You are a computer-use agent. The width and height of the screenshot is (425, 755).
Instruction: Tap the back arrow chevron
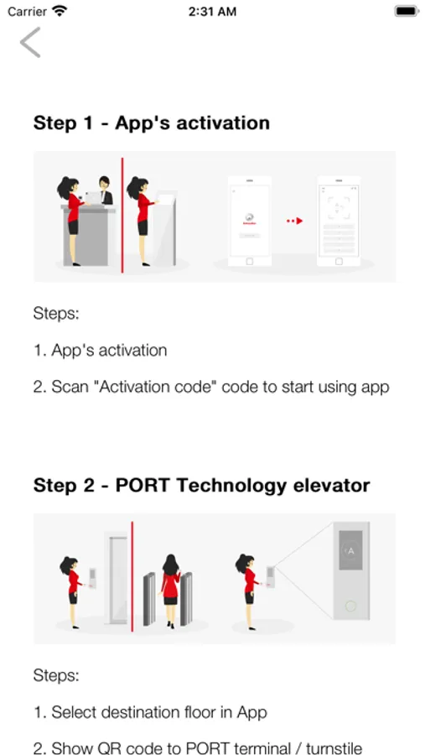tap(30, 43)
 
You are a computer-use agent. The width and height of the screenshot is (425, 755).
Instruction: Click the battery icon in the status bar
tap(407, 11)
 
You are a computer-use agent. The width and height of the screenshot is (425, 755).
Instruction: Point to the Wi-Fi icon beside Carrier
tap(60, 11)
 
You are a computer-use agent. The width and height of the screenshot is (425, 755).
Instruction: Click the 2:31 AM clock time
tap(212, 12)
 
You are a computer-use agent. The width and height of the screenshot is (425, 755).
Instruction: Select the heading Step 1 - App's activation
tap(151, 123)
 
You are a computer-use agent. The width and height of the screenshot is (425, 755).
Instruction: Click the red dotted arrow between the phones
tap(294, 221)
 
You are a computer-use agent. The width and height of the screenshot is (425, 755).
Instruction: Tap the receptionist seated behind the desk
tap(105, 190)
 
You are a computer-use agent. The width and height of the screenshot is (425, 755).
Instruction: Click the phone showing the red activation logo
tap(249, 221)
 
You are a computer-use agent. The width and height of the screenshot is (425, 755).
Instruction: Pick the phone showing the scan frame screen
tap(339, 221)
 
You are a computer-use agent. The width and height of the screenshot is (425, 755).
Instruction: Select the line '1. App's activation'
tap(100, 350)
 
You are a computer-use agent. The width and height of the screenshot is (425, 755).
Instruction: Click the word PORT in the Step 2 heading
tap(143, 486)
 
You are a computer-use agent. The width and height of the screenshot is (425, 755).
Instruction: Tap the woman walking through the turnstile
tap(170, 591)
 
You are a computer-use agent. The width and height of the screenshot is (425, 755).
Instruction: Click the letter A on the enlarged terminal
tap(351, 551)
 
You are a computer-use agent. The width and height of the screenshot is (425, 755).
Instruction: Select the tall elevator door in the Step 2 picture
tap(117, 578)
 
